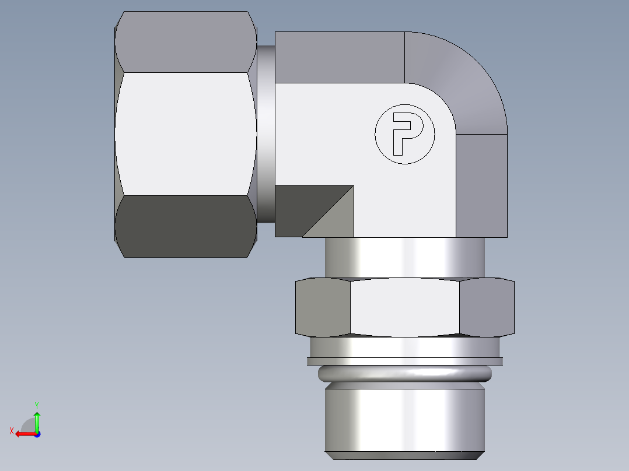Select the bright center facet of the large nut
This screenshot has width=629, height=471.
[x=186, y=133]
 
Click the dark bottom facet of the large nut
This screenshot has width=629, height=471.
[x=186, y=226]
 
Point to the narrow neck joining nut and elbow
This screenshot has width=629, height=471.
[x=265, y=134]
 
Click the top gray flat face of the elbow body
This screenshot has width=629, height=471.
[x=339, y=57]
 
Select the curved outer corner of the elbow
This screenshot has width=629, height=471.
[x=461, y=76]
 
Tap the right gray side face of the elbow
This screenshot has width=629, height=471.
[x=481, y=185]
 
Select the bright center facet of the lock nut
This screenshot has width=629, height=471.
[x=404, y=308]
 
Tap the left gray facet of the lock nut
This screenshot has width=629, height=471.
[x=323, y=308]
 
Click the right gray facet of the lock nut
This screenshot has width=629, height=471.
[x=487, y=308]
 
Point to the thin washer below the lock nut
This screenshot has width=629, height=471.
[x=404, y=361]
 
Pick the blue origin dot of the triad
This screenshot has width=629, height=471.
[x=37, y=434]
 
